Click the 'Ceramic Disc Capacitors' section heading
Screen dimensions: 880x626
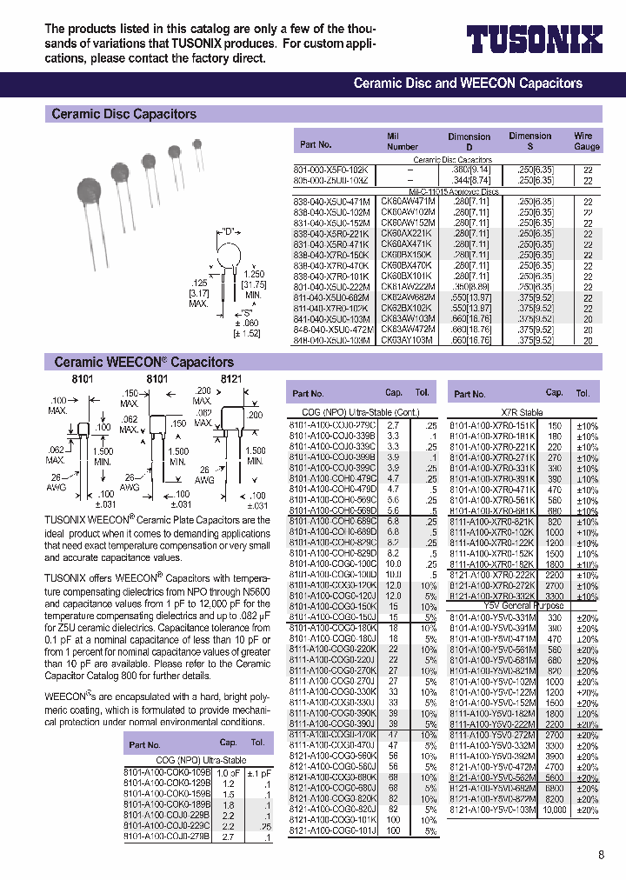(x=124, y=114)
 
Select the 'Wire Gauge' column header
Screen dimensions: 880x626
(x=583, y=142)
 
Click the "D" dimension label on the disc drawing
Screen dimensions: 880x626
(x=230, y=231)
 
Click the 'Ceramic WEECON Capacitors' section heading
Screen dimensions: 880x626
(x=143, y=362)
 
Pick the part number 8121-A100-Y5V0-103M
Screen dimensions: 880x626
(x=493, y=809)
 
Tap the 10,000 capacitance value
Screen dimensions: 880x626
(x=554, y=809)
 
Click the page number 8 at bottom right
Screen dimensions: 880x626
(x=600, y=855)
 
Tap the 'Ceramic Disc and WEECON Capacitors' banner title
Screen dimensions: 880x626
(x=468, y=83)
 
